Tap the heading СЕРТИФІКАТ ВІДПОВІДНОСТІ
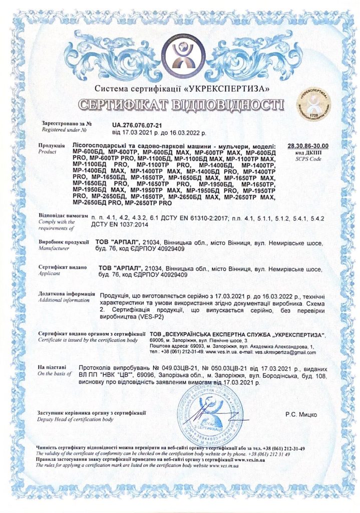tap(180, 105)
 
